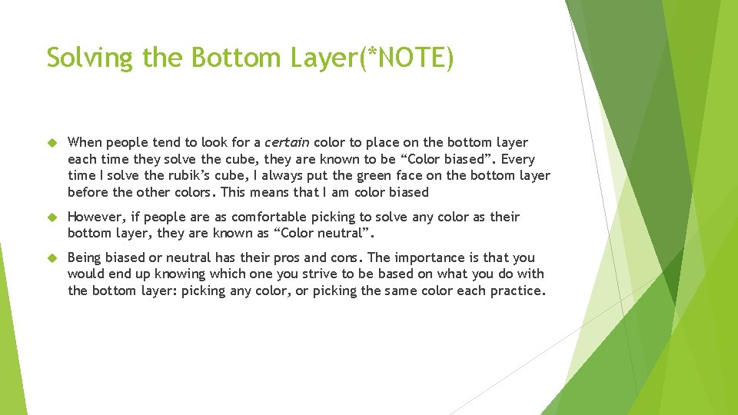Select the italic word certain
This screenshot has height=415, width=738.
point(287,142)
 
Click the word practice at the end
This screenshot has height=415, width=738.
point(519,290)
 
